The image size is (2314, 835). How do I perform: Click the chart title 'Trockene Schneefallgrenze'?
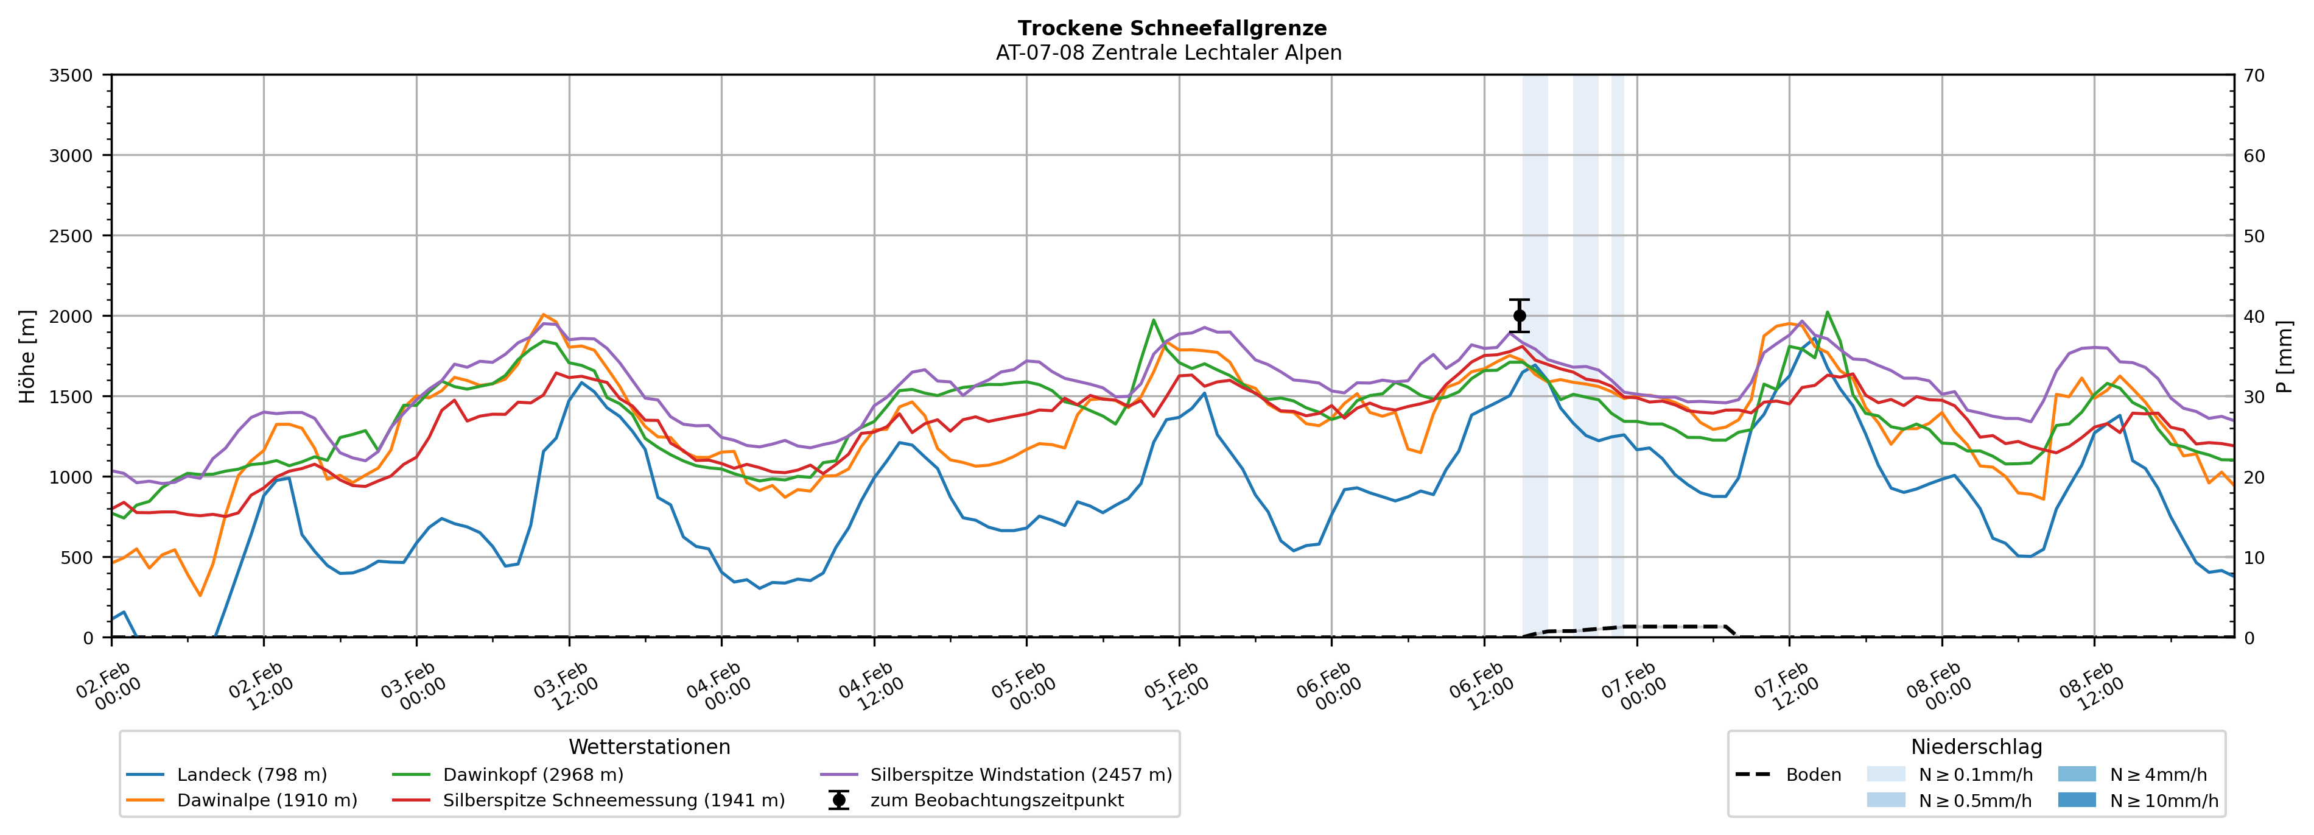(1171, 29)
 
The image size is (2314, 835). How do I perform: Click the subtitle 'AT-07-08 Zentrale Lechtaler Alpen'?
(1168, 53)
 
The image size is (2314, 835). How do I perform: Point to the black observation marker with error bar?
(1519, 315)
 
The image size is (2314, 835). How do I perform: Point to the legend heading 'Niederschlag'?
(1976, 747)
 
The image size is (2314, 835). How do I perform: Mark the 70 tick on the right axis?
(2254, 76)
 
